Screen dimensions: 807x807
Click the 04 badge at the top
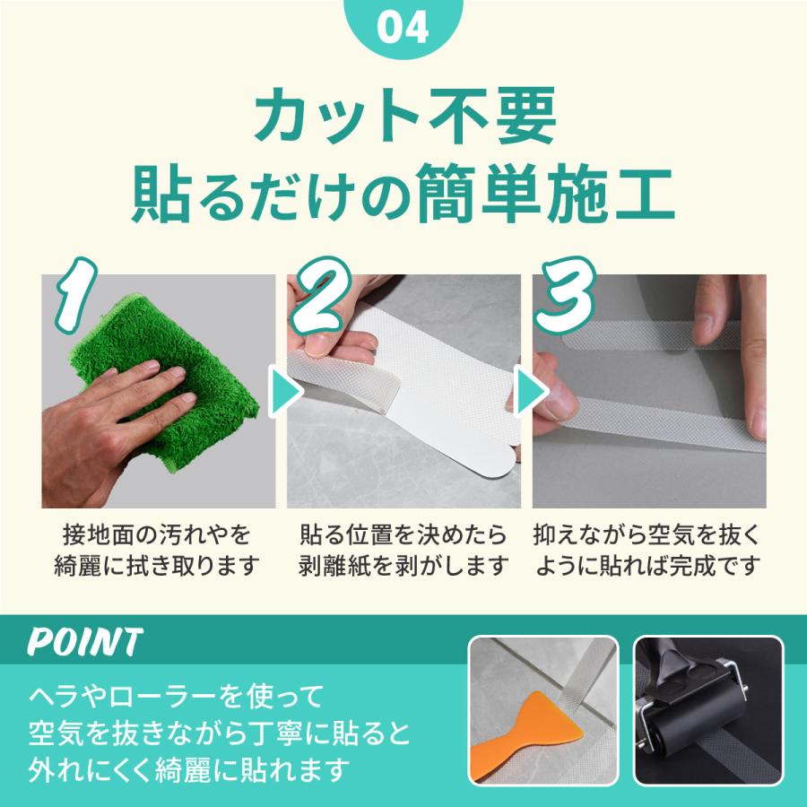403,27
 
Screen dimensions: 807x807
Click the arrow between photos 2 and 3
528,391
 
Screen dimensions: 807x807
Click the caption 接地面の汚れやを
158,536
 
